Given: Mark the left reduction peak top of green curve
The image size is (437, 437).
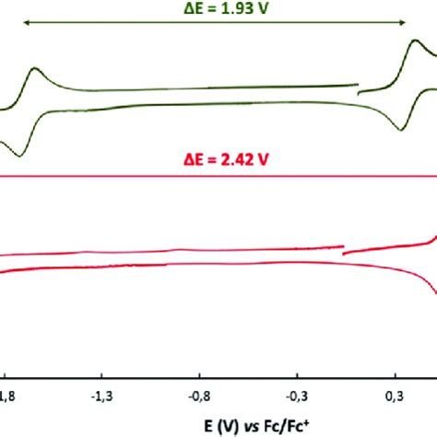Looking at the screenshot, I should [35, 68].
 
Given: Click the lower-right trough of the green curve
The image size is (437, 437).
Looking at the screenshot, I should [400, 129].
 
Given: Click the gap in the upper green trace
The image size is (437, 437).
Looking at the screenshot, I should [359, 89].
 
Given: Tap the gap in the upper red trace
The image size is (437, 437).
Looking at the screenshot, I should [342, 250].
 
